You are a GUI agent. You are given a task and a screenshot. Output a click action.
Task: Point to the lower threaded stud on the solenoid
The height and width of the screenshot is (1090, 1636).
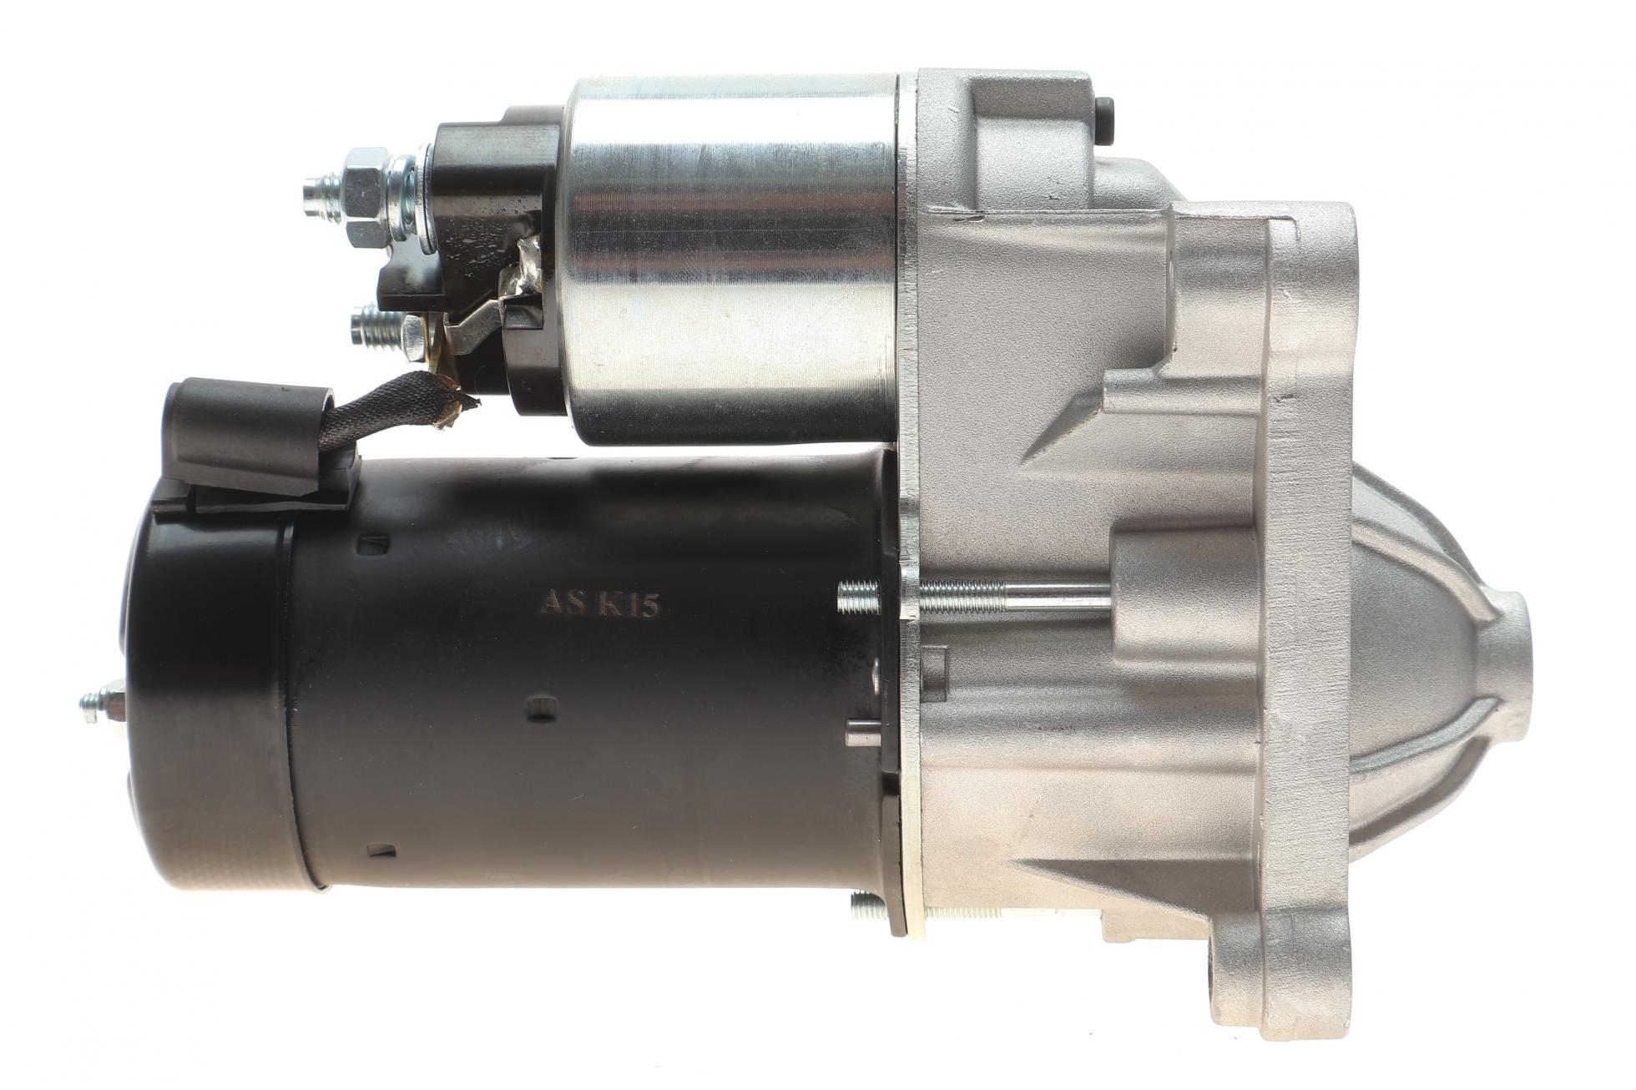pyautogui.click(x=380, y=326)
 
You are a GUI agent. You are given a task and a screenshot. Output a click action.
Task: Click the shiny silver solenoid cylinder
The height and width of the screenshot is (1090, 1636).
pyautogui.click(x=735, y=259)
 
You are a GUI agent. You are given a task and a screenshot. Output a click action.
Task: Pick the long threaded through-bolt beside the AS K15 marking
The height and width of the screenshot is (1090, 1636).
pyautogui.click(x=972, y=595)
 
